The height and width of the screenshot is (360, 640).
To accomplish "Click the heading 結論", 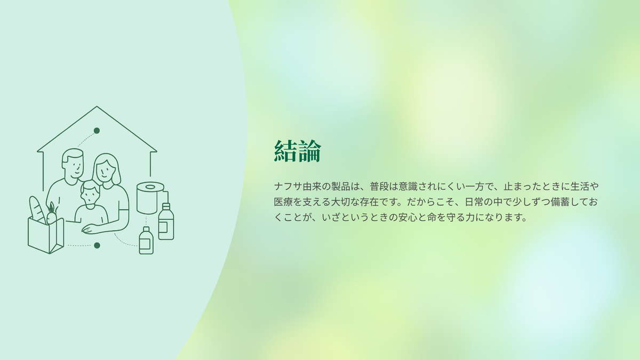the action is pos(298,151).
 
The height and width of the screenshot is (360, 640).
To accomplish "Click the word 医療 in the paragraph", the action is pos(283,202).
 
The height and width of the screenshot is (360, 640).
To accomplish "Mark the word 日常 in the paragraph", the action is pos(474,202).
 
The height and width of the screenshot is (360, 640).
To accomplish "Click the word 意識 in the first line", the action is pos(408,187).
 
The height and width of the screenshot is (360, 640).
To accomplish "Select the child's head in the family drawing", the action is pos(90,193).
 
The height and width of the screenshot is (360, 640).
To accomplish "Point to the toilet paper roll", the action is pos(150,198).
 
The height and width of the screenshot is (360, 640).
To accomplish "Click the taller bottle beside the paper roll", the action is pos(166,221).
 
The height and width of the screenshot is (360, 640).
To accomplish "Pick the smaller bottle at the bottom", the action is pos(146,241).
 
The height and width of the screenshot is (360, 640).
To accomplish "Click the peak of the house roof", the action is pos(97,107).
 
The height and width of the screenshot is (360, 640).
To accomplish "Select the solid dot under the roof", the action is pos(97,131).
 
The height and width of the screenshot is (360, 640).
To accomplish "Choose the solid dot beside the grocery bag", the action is pos(97,245).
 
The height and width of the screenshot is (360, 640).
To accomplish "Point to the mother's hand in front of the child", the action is pos(91,229).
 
